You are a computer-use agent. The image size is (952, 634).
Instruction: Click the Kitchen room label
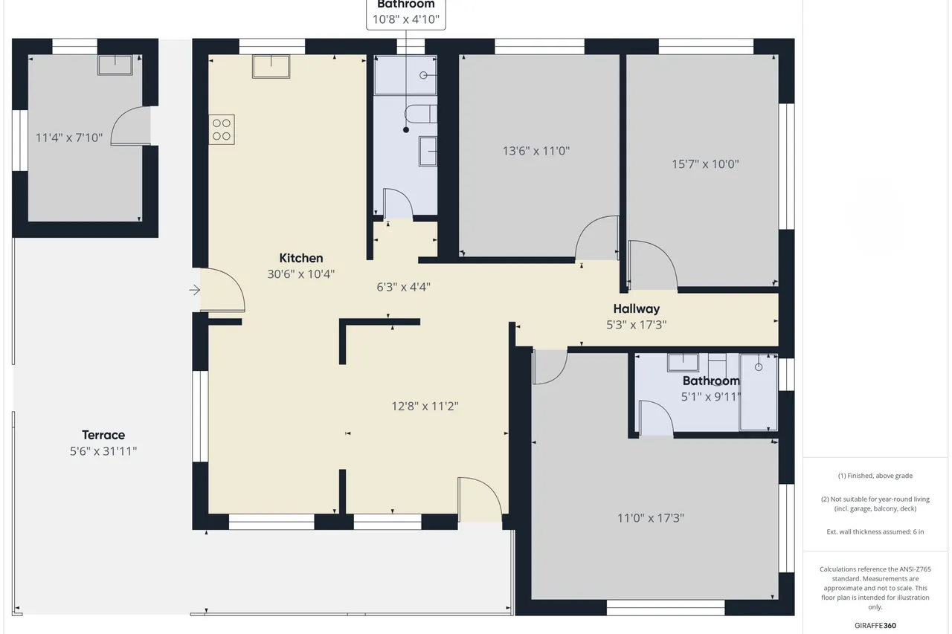301,258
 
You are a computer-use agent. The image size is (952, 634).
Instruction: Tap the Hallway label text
636,308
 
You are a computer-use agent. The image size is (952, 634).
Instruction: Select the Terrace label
103,435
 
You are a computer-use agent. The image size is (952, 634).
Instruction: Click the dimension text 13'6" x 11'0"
536,151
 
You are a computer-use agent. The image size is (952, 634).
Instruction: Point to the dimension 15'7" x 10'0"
705,164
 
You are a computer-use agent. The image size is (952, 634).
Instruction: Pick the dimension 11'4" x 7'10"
69,138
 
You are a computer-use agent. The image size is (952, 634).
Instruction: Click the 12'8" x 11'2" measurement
425,407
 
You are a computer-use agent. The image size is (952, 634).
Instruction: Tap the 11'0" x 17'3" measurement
651,518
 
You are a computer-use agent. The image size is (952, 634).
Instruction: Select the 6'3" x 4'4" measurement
403,287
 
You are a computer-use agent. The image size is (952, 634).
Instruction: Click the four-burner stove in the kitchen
222,129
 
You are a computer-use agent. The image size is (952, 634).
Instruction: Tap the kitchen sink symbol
271,66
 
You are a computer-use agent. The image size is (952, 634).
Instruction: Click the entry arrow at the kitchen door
195,290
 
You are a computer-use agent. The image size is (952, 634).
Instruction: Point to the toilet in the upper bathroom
420,114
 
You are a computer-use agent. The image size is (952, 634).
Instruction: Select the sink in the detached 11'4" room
115,65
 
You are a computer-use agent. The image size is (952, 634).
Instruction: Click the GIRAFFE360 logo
875,626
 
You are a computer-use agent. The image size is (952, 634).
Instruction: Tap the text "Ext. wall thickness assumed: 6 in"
875,531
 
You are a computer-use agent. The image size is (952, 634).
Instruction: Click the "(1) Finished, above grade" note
875,476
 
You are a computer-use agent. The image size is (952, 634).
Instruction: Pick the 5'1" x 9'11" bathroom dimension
711,397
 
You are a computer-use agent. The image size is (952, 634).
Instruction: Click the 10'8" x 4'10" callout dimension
406,19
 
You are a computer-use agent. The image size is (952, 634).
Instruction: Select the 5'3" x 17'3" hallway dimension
636,325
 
